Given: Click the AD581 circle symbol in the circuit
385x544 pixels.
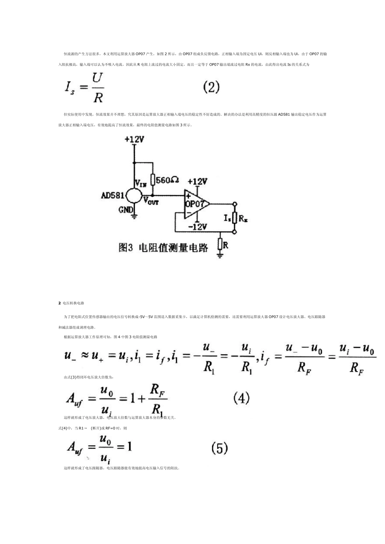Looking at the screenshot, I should tap(134, 195).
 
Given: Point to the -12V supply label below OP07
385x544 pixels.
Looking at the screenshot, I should tap(197, 227).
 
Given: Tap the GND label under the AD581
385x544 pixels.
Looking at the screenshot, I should tap(126, 210).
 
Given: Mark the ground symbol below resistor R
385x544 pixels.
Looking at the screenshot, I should tap(220, 255).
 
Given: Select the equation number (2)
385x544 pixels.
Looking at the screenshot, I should tap(211, 87).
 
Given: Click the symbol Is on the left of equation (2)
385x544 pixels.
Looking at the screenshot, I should tap(70, 88).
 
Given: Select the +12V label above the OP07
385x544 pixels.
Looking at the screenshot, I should tap(197, 181).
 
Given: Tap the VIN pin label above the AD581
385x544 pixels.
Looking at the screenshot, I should tap(140, 184).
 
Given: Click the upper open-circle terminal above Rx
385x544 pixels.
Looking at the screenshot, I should tap(234, 204).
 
